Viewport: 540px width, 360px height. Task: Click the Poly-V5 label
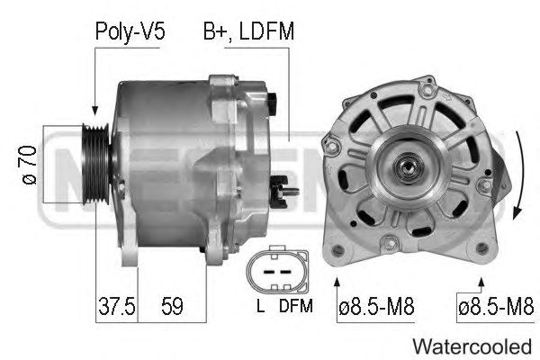pos(130,32)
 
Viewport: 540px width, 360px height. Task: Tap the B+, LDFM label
pos(248,31)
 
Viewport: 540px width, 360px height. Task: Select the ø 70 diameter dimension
pos(30,165)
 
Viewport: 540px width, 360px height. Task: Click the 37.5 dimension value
pos(117,306)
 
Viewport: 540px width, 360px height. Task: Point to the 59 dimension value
pos(172,306)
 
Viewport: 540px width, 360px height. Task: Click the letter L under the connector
pos(261,305)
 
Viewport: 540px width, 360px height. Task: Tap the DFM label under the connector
pos(296,306)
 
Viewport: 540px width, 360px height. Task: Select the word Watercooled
pos(472,346)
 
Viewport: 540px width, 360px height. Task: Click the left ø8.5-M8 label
pos(376,306)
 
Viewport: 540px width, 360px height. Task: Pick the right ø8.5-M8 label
pos(496,306)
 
